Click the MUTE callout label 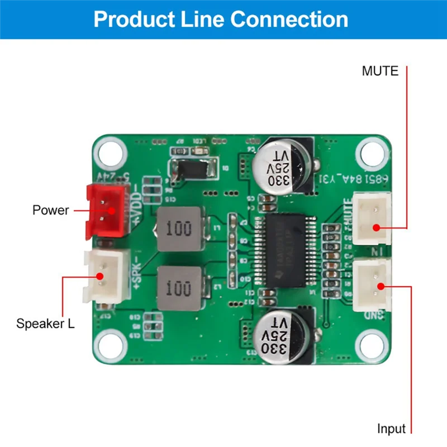pos(380,72)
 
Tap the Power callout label pos(50,210)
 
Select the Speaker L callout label pos(45,324)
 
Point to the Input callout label pos(391,429)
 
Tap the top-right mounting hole pos(370,151)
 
